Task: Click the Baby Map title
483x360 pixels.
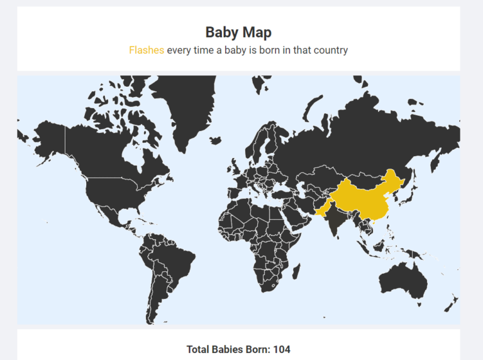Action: pyautogui.click(x=238, y=32)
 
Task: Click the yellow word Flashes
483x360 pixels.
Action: pyautogui.click(x=147, y=50)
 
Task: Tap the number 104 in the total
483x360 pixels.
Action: pyautogui.click(x=282, y=349)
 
